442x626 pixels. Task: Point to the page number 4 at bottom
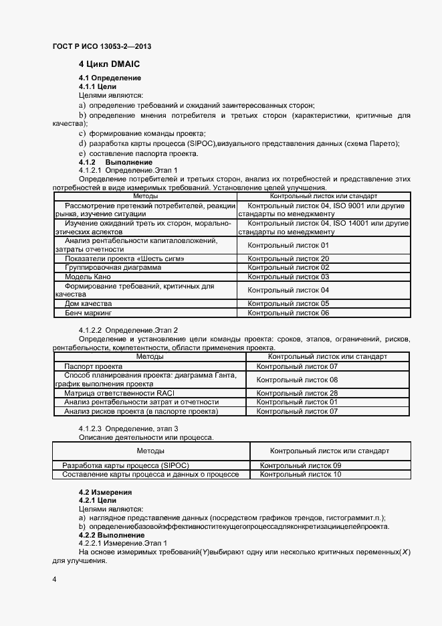(53, 577)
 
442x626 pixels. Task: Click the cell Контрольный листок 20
(288, 258)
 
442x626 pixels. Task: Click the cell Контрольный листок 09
(300, 465)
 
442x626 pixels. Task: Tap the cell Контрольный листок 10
(300, 474)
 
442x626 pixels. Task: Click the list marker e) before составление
(82, 154)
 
